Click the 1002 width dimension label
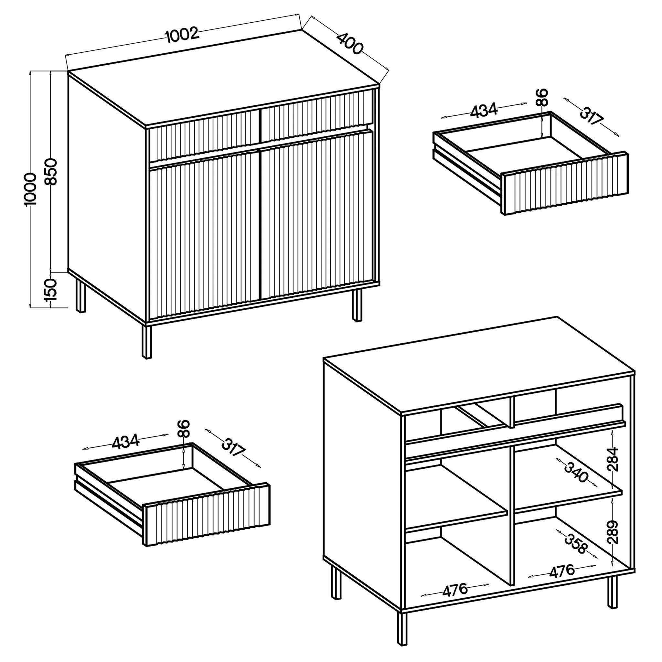pos(182,35)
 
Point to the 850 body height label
pos(52,172)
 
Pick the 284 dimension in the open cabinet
pos(613,459)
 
